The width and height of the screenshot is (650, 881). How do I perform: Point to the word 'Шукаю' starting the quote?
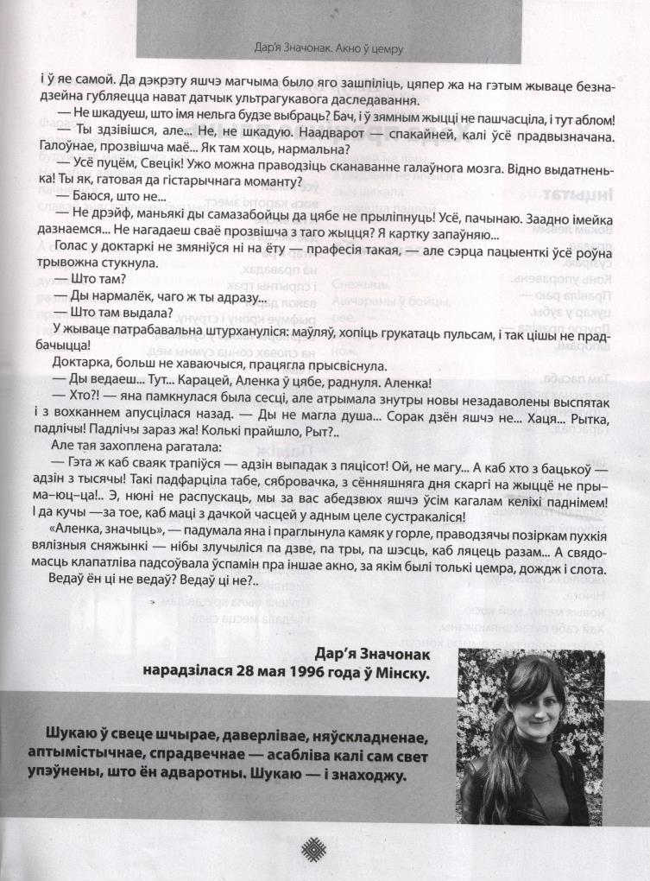[x=55, y=735]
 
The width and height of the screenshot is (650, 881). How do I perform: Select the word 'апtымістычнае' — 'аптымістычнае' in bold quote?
[x=79, y=754]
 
